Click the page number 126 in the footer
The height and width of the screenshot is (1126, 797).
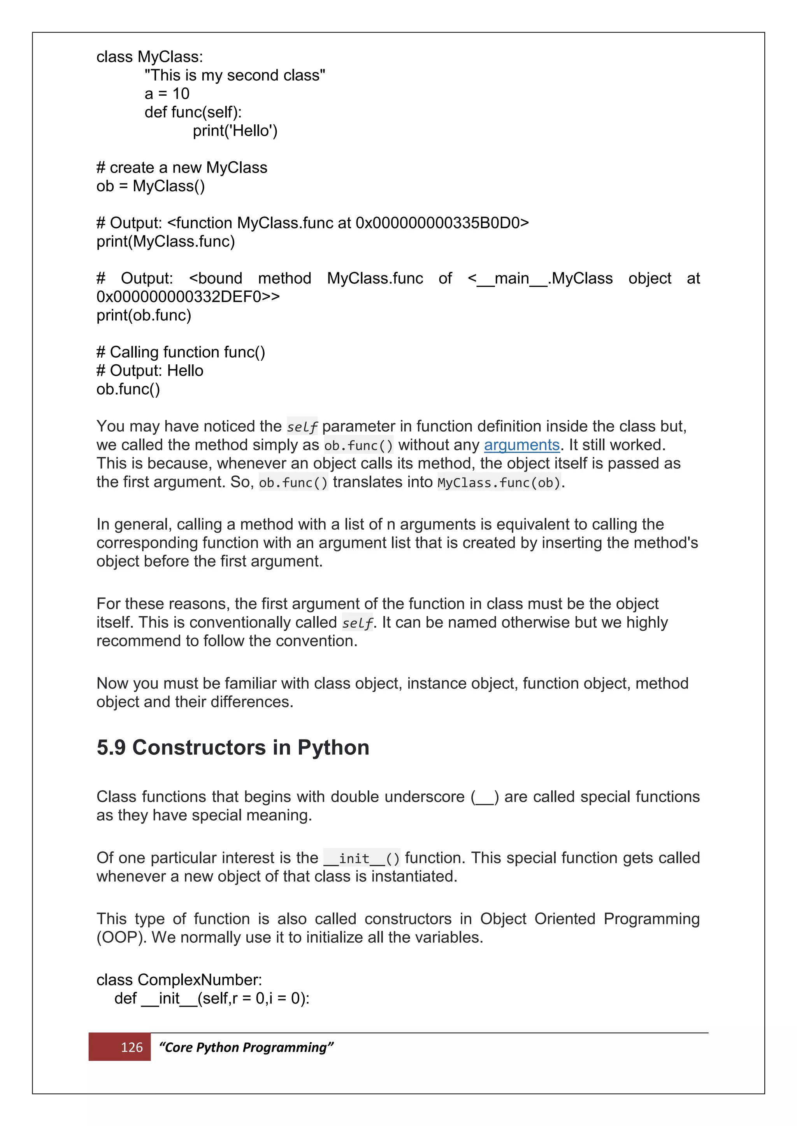pos(132,1047)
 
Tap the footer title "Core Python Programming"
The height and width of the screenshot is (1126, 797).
pos(246,1047)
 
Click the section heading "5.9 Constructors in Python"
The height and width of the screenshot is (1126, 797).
pos(233,747)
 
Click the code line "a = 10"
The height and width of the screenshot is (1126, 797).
pos(167,94)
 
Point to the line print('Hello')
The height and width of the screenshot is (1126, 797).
pos(235,131)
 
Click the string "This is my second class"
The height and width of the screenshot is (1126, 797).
pos(235,75)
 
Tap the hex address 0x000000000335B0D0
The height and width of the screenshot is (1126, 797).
pos(438,223)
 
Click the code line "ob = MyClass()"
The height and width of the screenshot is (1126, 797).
pos(151,186)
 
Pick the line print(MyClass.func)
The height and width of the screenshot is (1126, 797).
pos(165,242)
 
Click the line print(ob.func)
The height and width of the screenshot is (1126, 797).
pos(144,315)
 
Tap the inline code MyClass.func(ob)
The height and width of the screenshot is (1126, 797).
pos(499,483)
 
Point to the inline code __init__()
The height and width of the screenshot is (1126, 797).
pos(362,858)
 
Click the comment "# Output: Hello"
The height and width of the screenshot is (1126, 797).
pos(150,371)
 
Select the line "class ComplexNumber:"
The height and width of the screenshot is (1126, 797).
pos(179,980)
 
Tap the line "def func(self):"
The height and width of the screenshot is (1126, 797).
pos(193,112)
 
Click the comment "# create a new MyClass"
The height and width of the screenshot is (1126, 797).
pos(182,168)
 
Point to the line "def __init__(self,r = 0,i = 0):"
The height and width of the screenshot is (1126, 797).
pos(212,998)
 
